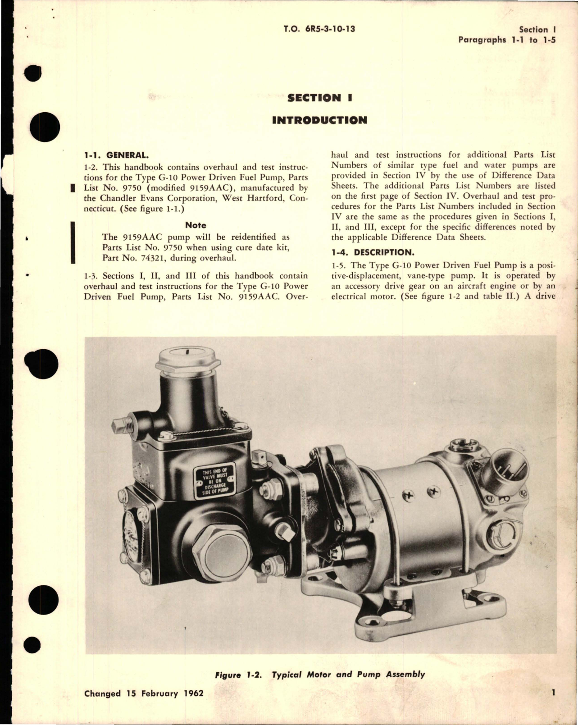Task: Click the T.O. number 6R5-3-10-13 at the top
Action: click(319, 29)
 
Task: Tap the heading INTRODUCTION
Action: click(319, 120)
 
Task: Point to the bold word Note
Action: click(196, 225)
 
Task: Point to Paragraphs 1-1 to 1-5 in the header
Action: click(507, 40)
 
